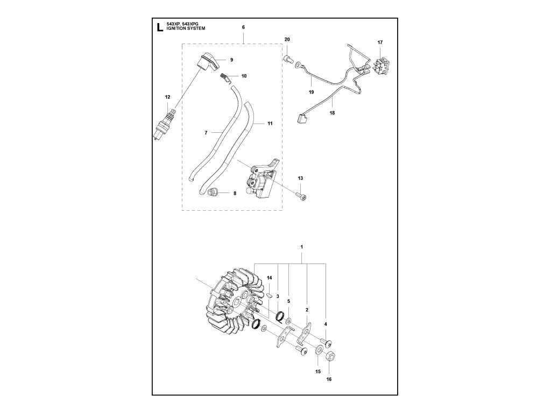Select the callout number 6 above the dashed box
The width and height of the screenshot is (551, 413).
tap(243, 27)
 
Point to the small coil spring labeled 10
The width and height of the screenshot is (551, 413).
tap(226, 77)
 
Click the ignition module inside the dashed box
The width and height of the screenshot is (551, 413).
tap(262, 181)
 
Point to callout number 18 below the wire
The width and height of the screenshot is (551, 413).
tap(332, 113)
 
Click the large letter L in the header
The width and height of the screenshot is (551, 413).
tap(159, 28)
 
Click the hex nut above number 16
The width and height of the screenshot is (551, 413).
tap(328, 355)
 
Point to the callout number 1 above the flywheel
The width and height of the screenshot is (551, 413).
tap(302, 246)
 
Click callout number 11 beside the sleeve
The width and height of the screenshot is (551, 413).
tap(270, 123)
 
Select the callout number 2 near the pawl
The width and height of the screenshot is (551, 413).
tap(307, 310)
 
